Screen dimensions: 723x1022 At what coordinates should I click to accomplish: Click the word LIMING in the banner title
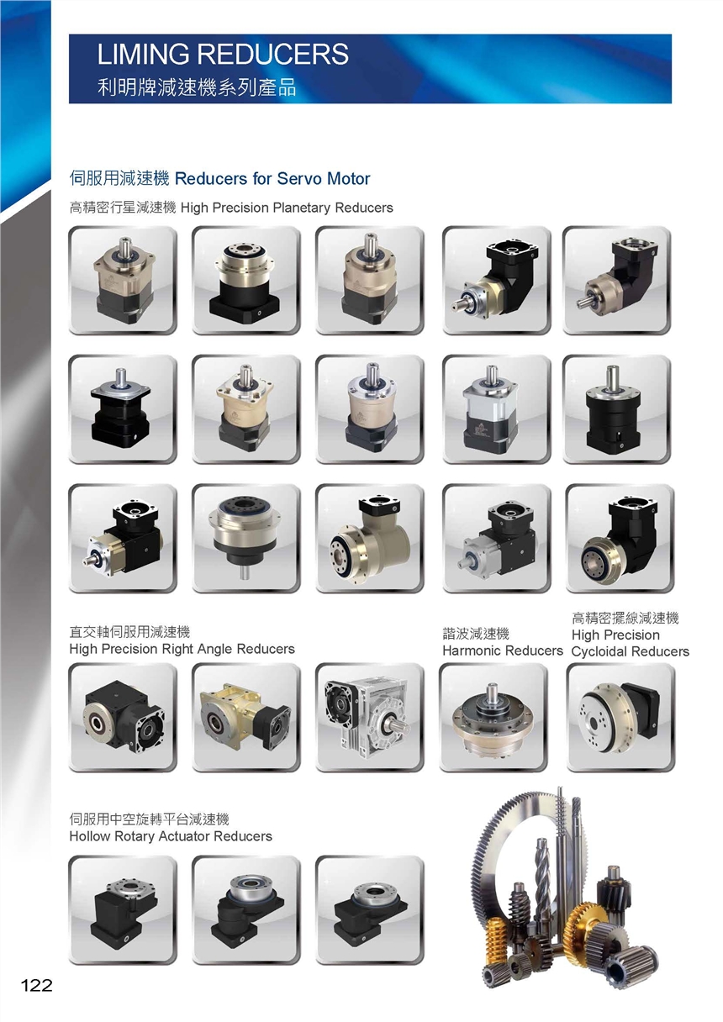click(x=143, y=54)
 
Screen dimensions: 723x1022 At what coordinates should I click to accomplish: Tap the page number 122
click(x=36, y=985)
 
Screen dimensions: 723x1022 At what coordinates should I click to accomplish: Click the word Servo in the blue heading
click(x=299, y=178)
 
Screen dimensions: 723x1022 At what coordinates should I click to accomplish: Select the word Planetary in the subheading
click(x=301, y=208)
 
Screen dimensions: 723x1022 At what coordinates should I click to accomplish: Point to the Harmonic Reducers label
click(x=503, y=651)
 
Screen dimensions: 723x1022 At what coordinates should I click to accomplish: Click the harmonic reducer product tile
click(x=493, y=717)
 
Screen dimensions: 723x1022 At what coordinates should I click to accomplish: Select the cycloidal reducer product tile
click(x=620, y=717)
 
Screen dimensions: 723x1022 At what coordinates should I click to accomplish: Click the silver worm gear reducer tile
click(x=370, y=717)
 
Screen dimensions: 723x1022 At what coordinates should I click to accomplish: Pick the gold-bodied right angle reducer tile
click(x=246, y=717)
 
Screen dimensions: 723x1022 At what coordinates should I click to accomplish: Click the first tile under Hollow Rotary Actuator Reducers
click(x=123, y=910)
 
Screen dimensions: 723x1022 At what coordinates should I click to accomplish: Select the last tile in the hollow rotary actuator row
click(x=370, y=910)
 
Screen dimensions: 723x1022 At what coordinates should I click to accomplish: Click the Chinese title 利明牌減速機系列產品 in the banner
click(x=197, y=87)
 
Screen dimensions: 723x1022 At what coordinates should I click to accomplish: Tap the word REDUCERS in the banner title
click(x=273, y=54)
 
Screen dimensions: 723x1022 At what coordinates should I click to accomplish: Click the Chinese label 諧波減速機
click(x=476, y=633)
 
